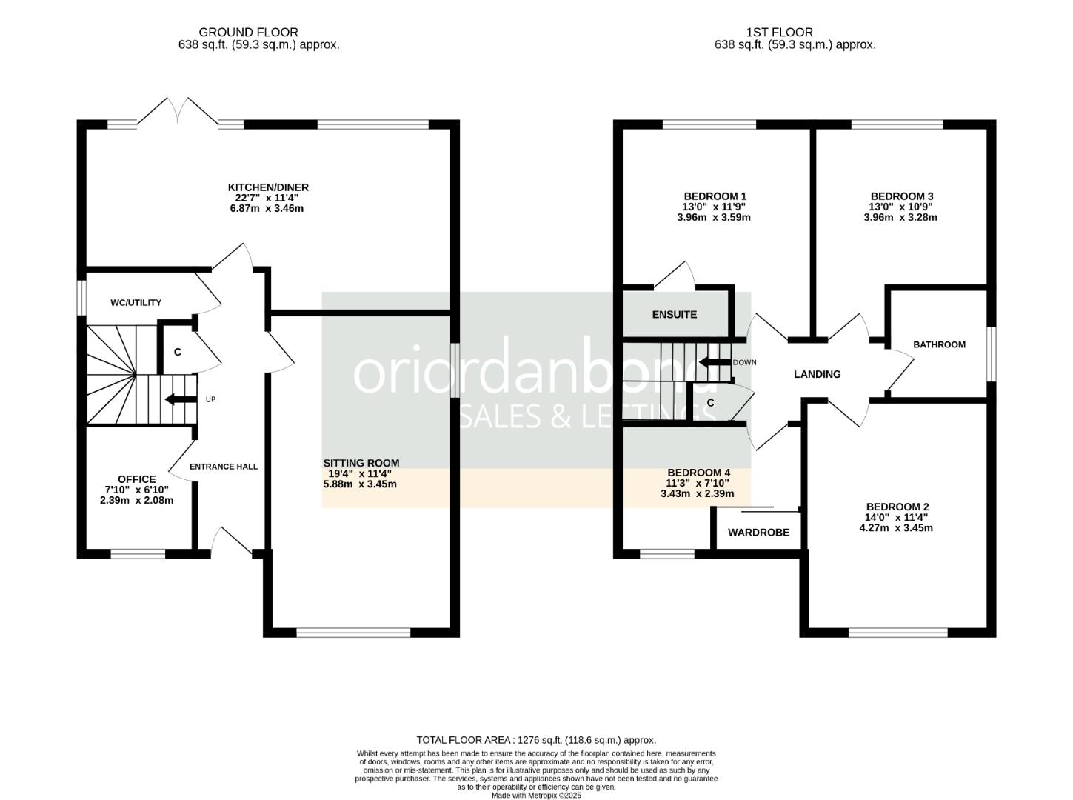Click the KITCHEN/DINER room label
pyautogui.click(x=267, y=187)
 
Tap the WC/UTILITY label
pyautogui.click(x=136, y=302)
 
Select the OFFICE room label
pyautogui.click(x=137, y=479)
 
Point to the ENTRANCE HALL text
pyautogui.click(x=224, y=467)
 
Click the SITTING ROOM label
pyautogui.click(x=361, y=463)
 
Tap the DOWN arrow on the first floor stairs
pyautogui.click(x=712, y=363)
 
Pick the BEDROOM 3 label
pyautogui.click(x=900, y=196)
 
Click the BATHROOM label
pyautogui.click(x=939, y=344)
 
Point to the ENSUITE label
pyautogui.click(x=674, y=315)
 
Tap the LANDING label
pyautogui.click(x=817, y=374)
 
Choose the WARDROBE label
pyautogui.click(x=758, y=533)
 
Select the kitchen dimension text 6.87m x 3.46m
pyautogui.click(x=267, y=209)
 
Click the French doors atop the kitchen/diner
pyautogui.click(x=178, y=113)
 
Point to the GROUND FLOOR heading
pyautogui.click(x=248, y=32)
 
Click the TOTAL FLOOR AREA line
pyautogui.click(x=536, y=740)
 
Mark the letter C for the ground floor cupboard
pyautogui.click(x=178, y=352)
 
